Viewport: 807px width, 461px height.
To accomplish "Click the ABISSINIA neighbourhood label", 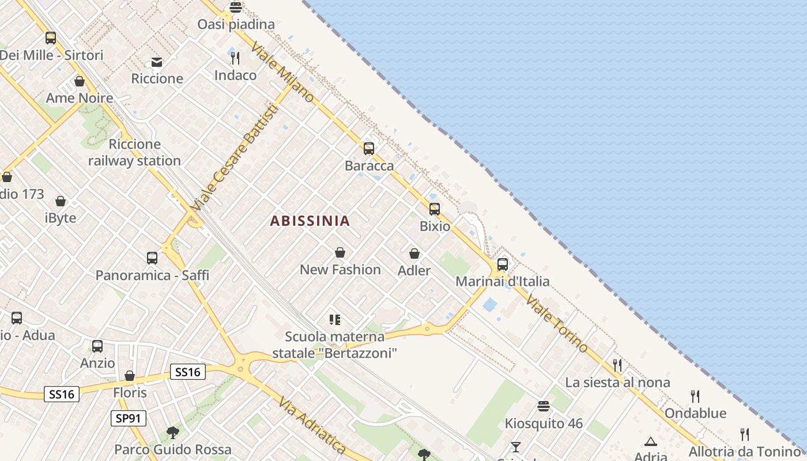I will tap(310, 221).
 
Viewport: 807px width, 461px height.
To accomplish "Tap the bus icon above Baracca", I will tap(369, 149).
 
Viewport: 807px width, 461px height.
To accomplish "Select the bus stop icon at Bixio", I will tap(435, 209).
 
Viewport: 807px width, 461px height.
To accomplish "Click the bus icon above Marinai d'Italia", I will tap(503, 264).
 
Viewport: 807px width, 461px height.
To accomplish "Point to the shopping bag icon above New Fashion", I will tap(340, 252).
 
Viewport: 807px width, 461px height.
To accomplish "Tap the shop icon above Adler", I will tap(414, 254).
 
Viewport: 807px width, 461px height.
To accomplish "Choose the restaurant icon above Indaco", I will tap(235, 58).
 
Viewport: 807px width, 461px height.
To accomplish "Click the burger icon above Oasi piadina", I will tap(235, 7).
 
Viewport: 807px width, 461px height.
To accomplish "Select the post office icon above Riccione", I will tap(157, 62).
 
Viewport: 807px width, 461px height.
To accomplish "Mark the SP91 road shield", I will tap(129, 418).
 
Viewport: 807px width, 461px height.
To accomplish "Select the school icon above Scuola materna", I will tap(335, 319).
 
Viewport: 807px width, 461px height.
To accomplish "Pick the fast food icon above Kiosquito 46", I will tap(543, 406).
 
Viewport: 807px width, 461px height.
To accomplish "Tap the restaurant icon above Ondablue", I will tap(695, 396).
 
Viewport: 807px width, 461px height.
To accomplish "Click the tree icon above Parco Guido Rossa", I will tap(172, 432).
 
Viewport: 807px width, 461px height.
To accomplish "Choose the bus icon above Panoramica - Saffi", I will tap(152, 258).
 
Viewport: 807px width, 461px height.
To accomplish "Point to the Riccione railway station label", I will tap(134, 153).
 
